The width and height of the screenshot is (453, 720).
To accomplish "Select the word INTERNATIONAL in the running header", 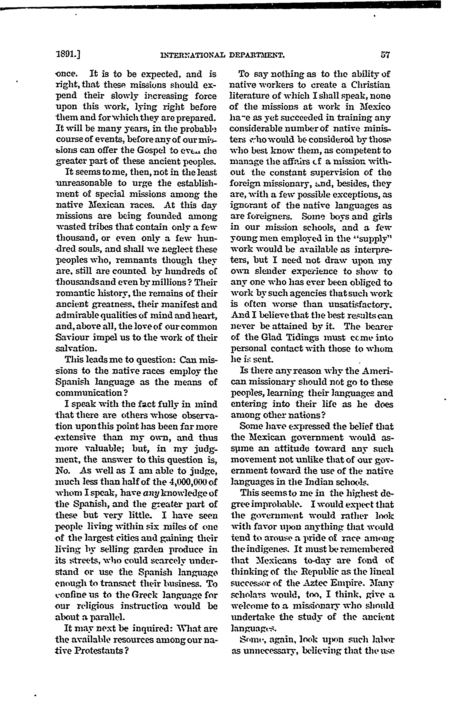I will click(192, 55).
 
